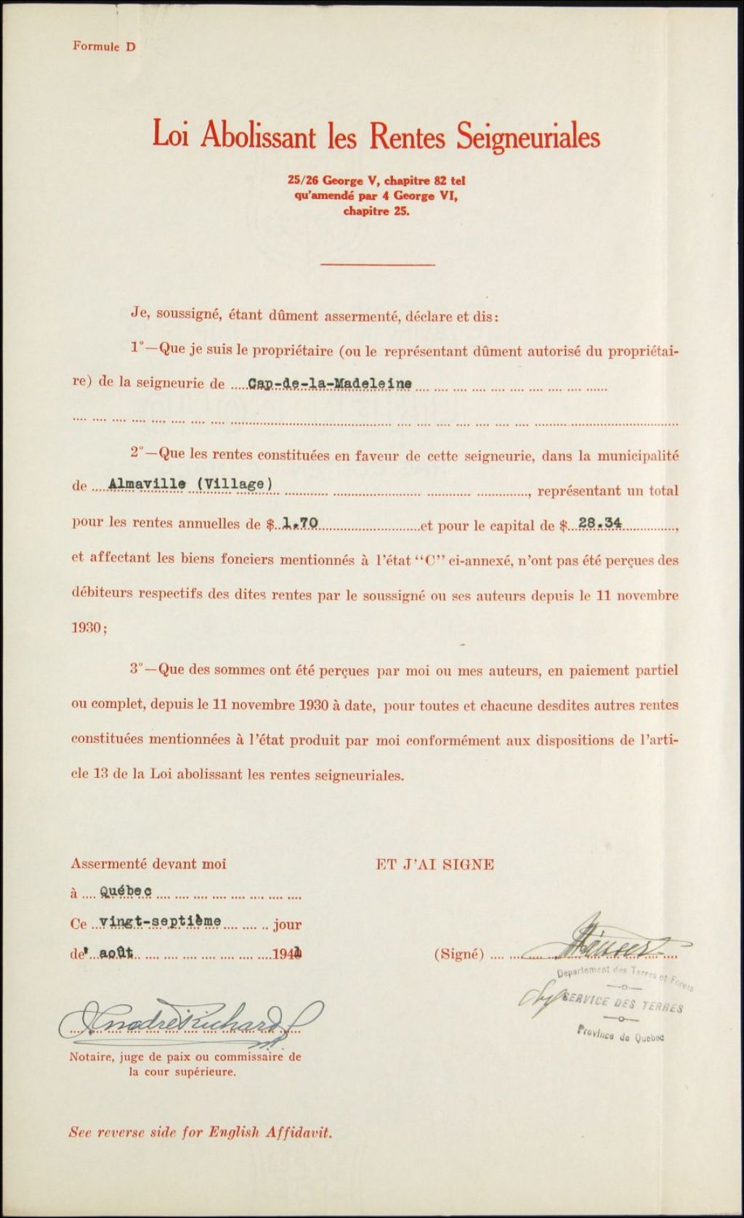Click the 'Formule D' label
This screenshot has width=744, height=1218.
pyautogui.click(x=104, y=46)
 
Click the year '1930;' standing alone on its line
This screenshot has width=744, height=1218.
pyautogui.click(x=89, y=629)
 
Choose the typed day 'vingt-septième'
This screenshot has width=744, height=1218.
pyautogui.click(x=160, y=921)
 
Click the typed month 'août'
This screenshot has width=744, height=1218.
pyautogui.click(x=116, y=954)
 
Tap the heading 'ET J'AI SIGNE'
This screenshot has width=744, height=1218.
pyautogui.click(x=434, y=864)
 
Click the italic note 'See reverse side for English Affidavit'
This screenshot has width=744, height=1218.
pyautogui.click(x=200, y=1132)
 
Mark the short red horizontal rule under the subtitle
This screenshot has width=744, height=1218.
pyautogui.click(x=376, y=264)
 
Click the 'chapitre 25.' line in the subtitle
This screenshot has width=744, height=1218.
pyautogui.click(x=376, y=212)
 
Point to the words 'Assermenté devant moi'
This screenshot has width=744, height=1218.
pyautogui.click(x=148, y=864)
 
